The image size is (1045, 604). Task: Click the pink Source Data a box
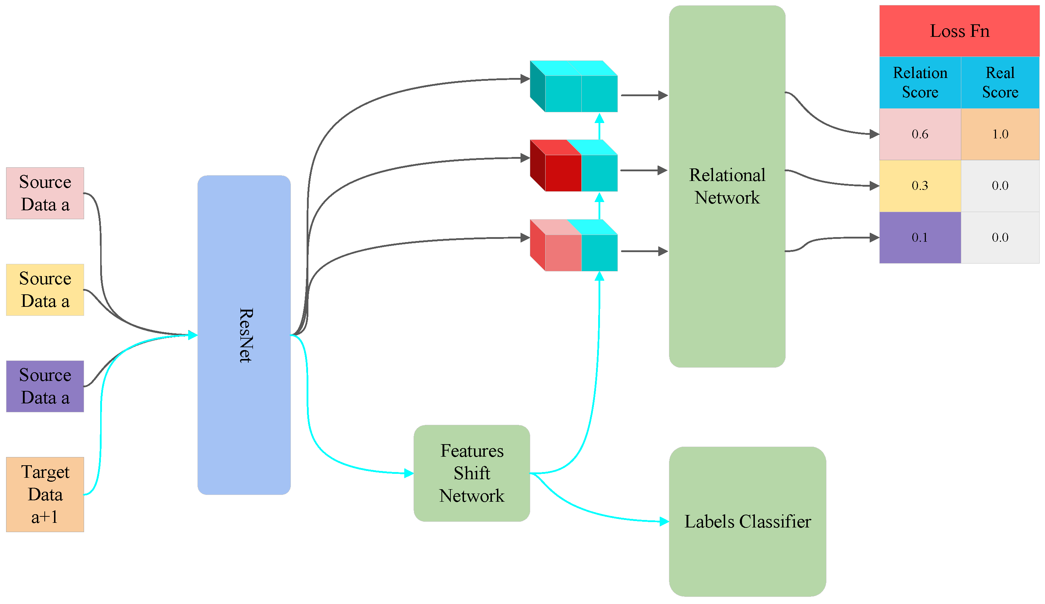click(45, 193)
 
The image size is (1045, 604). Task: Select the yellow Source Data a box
click(45, 290)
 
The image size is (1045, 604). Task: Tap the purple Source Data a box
click(45, 386)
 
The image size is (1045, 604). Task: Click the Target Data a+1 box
click(45, 494)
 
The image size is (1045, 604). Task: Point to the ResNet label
click(245, 335)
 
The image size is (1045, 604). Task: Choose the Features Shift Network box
click(472, 473)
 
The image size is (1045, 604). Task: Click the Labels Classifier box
click(747, 521)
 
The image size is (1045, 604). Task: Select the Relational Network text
click(727, 186)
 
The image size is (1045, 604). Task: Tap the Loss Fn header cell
click(959, 31)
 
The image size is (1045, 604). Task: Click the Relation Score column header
click(920, 83)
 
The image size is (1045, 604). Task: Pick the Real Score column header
click(1000, 83)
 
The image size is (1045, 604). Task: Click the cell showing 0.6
click(920, 134)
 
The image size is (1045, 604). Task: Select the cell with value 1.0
click(1000, 134)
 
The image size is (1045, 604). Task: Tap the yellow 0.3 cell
click(920, 186)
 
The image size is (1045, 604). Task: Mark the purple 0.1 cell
click(920, 237)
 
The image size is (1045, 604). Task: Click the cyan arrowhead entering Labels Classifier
click(664, 521)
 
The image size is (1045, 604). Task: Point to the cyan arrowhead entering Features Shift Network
click(409, 473)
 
